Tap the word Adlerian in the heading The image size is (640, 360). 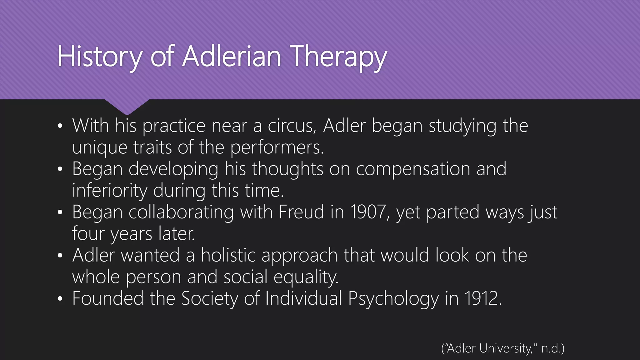point(232,57)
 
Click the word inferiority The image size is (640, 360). point(110,191)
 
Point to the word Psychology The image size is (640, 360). point(393,298)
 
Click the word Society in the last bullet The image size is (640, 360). point(210,298)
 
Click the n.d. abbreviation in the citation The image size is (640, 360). point(551,348)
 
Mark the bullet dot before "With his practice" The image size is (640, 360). point(60,127)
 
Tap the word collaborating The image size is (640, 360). point(181,212)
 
